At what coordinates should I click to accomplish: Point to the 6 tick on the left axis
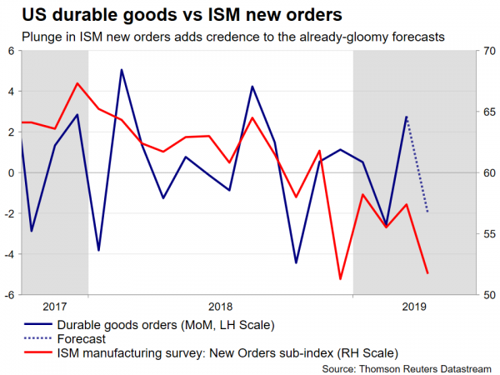click(x=10, y=51)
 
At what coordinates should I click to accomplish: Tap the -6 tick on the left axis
click(x=8, y=295)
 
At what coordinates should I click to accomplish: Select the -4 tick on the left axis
click(x=8, y=254)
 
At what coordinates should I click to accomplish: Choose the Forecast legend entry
click(x=81, y=338)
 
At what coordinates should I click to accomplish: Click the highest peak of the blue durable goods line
click(x=122, y=69)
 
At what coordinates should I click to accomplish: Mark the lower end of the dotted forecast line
click(x=427, y=212)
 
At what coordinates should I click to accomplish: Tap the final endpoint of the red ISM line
click(x=427, y=273)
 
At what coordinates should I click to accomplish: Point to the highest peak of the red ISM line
click(x=77, y=82)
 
